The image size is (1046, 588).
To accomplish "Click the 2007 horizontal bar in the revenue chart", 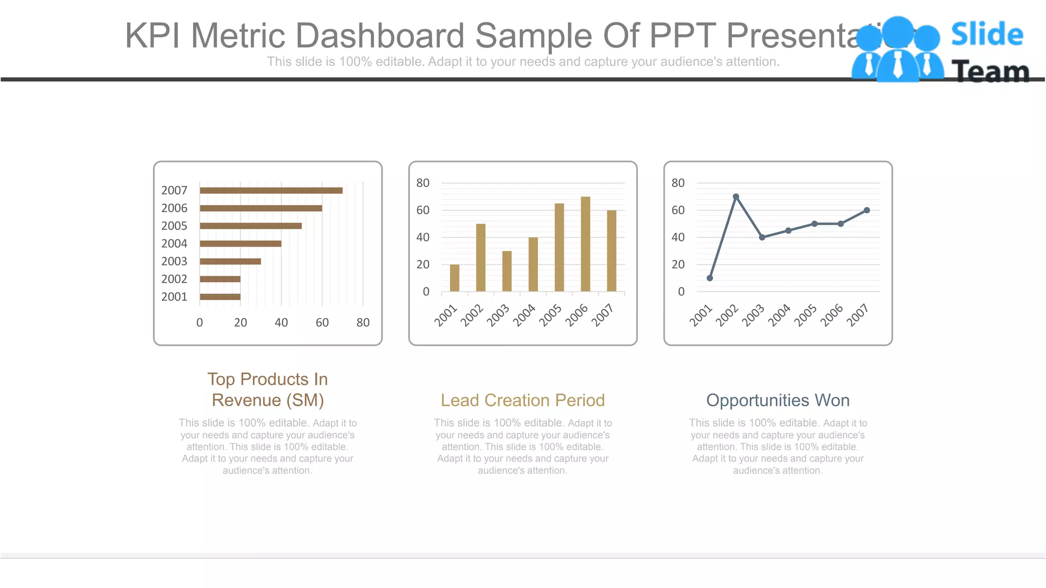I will click(271, 190).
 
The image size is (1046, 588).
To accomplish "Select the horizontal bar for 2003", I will click(230, 261).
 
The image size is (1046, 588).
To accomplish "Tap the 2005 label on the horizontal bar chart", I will click(174, 226).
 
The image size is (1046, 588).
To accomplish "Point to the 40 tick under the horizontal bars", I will click(281, 323).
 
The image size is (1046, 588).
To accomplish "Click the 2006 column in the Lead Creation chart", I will click(585, 244).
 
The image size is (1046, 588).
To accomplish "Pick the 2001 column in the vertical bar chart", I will click(455, 278).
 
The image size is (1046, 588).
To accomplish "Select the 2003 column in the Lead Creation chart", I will click(507, 271).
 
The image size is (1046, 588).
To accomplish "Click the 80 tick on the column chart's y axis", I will click(423, 183).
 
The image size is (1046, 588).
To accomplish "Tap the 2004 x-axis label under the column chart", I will click(524, 315).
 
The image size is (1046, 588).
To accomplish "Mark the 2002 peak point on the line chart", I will click(736, 197).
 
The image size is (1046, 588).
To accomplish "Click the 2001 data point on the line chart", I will click(710, 278).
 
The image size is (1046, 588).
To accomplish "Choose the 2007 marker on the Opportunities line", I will click(867, 210).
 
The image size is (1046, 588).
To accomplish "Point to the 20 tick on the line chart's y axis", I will click(678, 264).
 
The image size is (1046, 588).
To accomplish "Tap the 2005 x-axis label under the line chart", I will click(806, 315).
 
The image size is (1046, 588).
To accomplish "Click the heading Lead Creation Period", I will click(522, 400).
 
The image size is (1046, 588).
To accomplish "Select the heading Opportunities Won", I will click(778, 400).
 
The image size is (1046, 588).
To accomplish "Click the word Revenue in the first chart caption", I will click(246, 400).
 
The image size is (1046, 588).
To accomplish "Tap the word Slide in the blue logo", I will click(987, 35).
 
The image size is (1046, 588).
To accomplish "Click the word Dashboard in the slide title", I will click(379, 36).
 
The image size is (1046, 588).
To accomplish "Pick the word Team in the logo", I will click(990, 71).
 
